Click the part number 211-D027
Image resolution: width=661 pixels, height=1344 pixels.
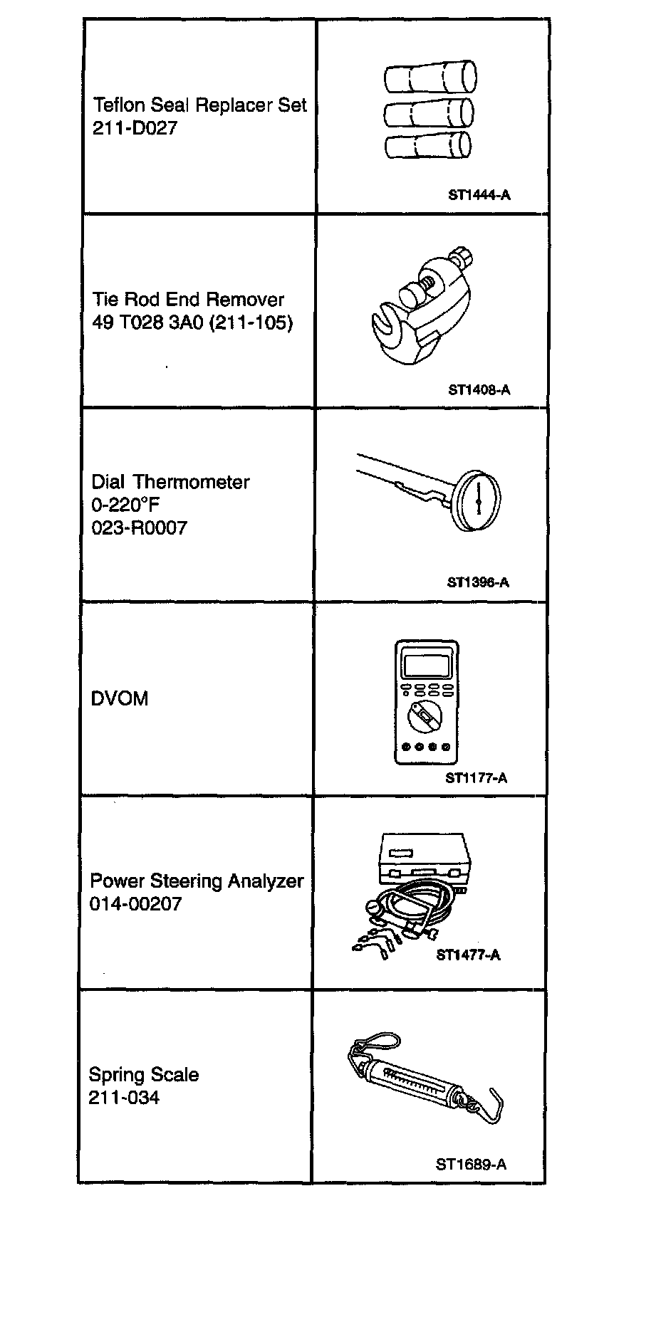click(135, 129)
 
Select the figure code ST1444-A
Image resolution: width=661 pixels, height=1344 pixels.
click(479, 194)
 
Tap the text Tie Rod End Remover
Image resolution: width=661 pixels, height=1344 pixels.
click(188, 300)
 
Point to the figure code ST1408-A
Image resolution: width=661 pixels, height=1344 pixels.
click(479, 389)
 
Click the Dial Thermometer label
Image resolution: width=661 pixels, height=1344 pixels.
click(170, 482)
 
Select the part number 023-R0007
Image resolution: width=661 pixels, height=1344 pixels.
click(139, 528)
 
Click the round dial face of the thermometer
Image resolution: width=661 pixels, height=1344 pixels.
click(478, 501)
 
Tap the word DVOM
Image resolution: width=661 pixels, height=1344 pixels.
click(120, 699)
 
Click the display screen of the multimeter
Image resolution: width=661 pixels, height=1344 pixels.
click(426, 666)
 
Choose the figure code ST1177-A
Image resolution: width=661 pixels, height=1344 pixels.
click(476, 778)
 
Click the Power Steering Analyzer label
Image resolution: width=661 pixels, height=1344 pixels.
click(197, 881)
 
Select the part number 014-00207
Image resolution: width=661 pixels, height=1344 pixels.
click(135, 904)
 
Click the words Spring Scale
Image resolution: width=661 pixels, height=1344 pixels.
click(144, 1075)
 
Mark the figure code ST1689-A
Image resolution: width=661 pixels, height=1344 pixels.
click(471, 1165)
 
